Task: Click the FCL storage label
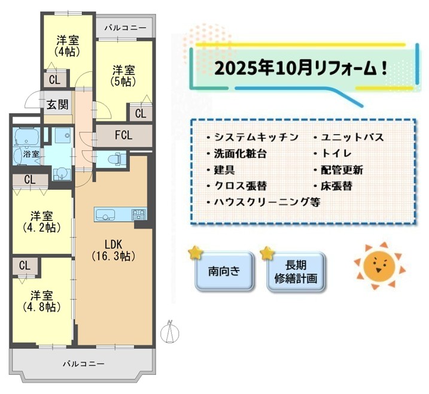click(x=124, y=135)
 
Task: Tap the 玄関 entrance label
click(x=57, y=105)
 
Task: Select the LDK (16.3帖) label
click(x=114, y=250)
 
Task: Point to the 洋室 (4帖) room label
click(x=67, y=46)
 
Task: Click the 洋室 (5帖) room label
click(x=124, y=75)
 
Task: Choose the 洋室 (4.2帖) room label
click(x=42, y=222)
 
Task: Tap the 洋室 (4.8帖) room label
click(x=42, y=301)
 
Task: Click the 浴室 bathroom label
click(x=31, y=154)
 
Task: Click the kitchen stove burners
click(x=139, y=214)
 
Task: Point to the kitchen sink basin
click(x=105, y=214)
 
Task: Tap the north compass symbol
click(x=170, y=332)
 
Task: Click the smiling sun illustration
click(x=379, y=266)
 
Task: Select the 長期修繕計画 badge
click(x=296, y=272)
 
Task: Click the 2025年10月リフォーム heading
click(x=301, y=68)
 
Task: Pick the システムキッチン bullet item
click(x=253, y=137)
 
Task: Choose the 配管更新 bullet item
click(x=339, y=170)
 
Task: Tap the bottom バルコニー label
click(x=84, y=364)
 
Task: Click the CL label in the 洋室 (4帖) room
click(x=54, y=80)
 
